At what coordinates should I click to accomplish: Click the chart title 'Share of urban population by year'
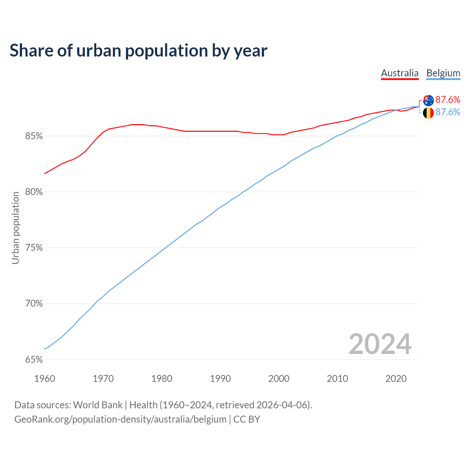pos(138,51)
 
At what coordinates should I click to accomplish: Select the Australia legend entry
pos(399,73)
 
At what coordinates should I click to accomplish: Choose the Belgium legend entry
pos(443,73)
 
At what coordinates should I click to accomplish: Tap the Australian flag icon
pos(428,100)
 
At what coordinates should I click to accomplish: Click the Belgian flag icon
pos(428,113)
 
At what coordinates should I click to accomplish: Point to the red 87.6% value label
pos(448,100)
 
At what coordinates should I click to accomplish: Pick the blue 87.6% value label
pos(448,112)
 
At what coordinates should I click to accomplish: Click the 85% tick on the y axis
pos(34,136)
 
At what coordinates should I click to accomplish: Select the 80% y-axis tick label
pos(34,192)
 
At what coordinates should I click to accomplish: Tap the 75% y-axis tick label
pos(34,248)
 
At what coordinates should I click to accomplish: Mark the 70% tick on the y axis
pos(34,304)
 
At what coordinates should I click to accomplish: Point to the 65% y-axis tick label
pos(34,359)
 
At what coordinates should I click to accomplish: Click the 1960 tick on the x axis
pos(44,379)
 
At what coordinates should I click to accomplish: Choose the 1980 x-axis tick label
pos(162,379)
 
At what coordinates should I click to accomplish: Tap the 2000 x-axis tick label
pos(279,379)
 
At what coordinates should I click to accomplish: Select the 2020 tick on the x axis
pos(396,379)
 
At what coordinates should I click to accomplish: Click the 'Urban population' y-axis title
pos(15,228)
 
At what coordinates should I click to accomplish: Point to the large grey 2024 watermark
pos(380,344)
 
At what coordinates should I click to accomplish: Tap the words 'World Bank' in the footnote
pos(98,405)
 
